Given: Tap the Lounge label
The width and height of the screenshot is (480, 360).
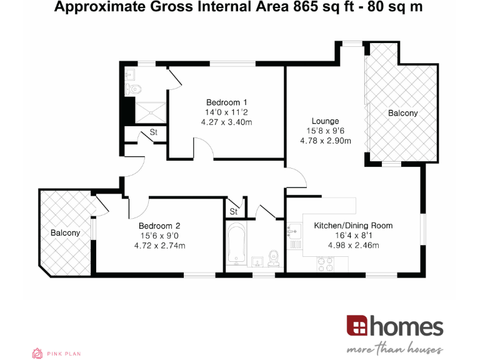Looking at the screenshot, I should click(326, 121).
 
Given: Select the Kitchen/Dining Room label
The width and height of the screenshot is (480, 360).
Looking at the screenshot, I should click(353, 226).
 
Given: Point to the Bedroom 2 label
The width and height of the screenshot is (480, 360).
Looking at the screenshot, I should click(159, 226).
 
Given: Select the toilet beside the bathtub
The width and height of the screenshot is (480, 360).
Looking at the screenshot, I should click(272, 257).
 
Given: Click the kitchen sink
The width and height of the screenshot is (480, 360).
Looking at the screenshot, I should click(294, 232).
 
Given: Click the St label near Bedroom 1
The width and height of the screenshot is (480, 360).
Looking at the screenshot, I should click(153, 132).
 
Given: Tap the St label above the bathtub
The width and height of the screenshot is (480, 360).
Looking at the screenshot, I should click(234, 212).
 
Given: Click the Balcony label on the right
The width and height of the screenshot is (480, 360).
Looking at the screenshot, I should click(402, 113).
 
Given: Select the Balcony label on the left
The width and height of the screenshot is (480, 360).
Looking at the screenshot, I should click(65, 232).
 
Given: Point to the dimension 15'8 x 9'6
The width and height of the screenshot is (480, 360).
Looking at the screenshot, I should click(326, 131).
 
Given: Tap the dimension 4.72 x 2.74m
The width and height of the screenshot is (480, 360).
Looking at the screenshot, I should click(159, 246).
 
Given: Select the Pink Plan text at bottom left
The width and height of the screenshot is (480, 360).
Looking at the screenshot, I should click(64, 354).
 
